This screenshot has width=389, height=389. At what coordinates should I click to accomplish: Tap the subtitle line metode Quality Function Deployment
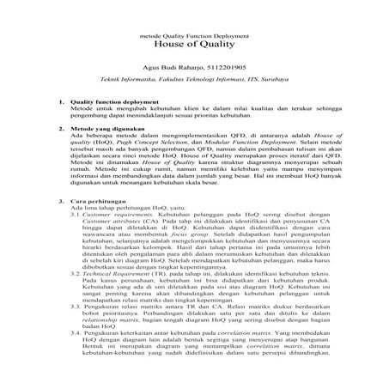194,35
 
